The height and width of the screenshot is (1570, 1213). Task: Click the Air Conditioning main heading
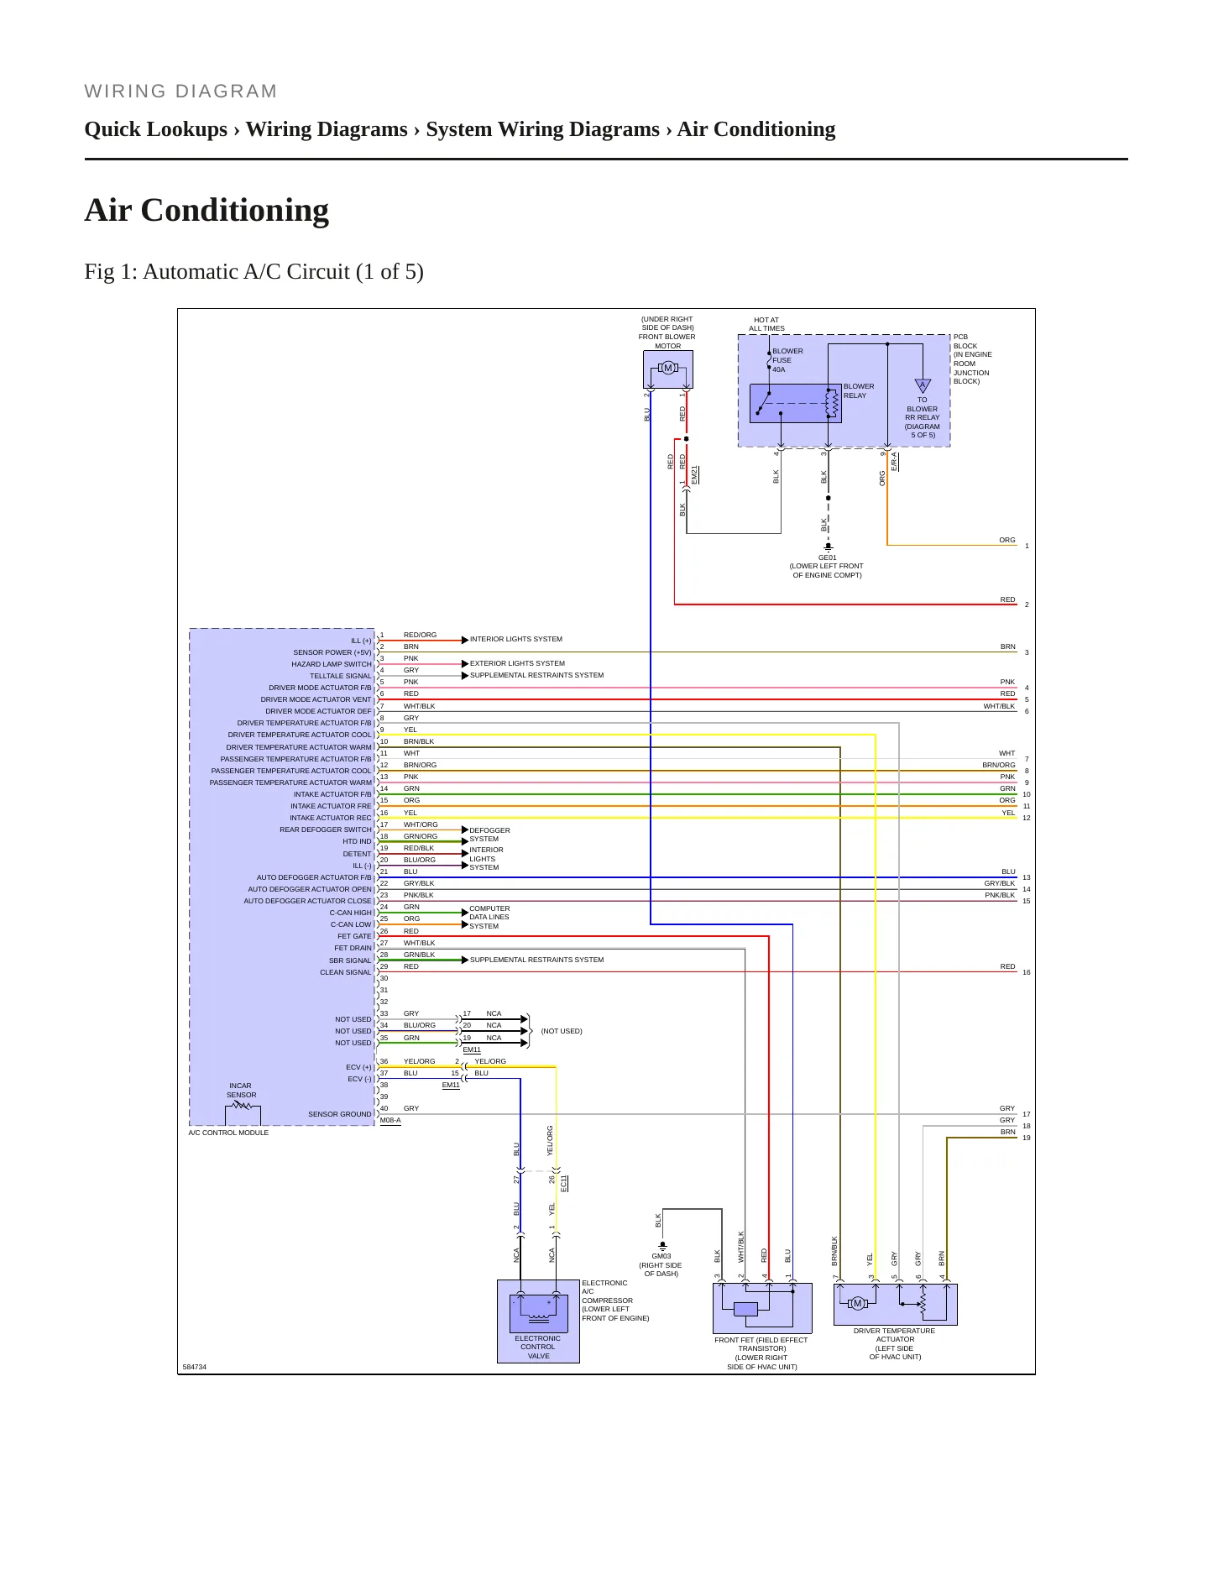(x=207, y=210)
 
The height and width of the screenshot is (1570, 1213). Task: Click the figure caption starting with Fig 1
(x=254, y=271)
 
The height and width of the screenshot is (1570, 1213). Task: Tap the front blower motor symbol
(x=668, y=368)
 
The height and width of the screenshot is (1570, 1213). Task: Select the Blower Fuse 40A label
(x=787, y=360)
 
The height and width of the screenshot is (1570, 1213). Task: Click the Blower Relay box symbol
(x=795, y=403)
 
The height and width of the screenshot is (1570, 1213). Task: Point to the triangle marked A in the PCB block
(x=922, y=385)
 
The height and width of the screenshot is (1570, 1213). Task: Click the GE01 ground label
(x=827, y=557)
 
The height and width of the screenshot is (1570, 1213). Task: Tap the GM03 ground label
(x=661, y=1257)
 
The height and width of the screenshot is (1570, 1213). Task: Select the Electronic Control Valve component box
(x=538, y=1321)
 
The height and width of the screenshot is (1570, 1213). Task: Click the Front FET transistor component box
(x=762, y=1308)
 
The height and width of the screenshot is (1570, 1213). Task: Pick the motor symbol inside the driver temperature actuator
(x=857, y=1303)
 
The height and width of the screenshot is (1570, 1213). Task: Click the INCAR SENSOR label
(x=241, y=1090)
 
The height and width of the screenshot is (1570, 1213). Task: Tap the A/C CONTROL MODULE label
(x=228, y=1133)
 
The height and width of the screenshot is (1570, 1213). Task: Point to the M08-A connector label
(x=390, y=1120)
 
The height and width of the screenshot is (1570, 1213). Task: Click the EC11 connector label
(x=564, y=1183)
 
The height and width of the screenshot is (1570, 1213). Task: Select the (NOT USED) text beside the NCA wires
(x=562, y=1031)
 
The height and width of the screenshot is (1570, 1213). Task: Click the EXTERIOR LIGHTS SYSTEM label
(x=517, y=663)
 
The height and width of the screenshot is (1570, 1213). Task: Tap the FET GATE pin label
(x=354, y=936)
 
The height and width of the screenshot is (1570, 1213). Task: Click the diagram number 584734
(x=194, y=1367)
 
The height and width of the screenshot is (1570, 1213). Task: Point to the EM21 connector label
(x=694, y=475)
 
